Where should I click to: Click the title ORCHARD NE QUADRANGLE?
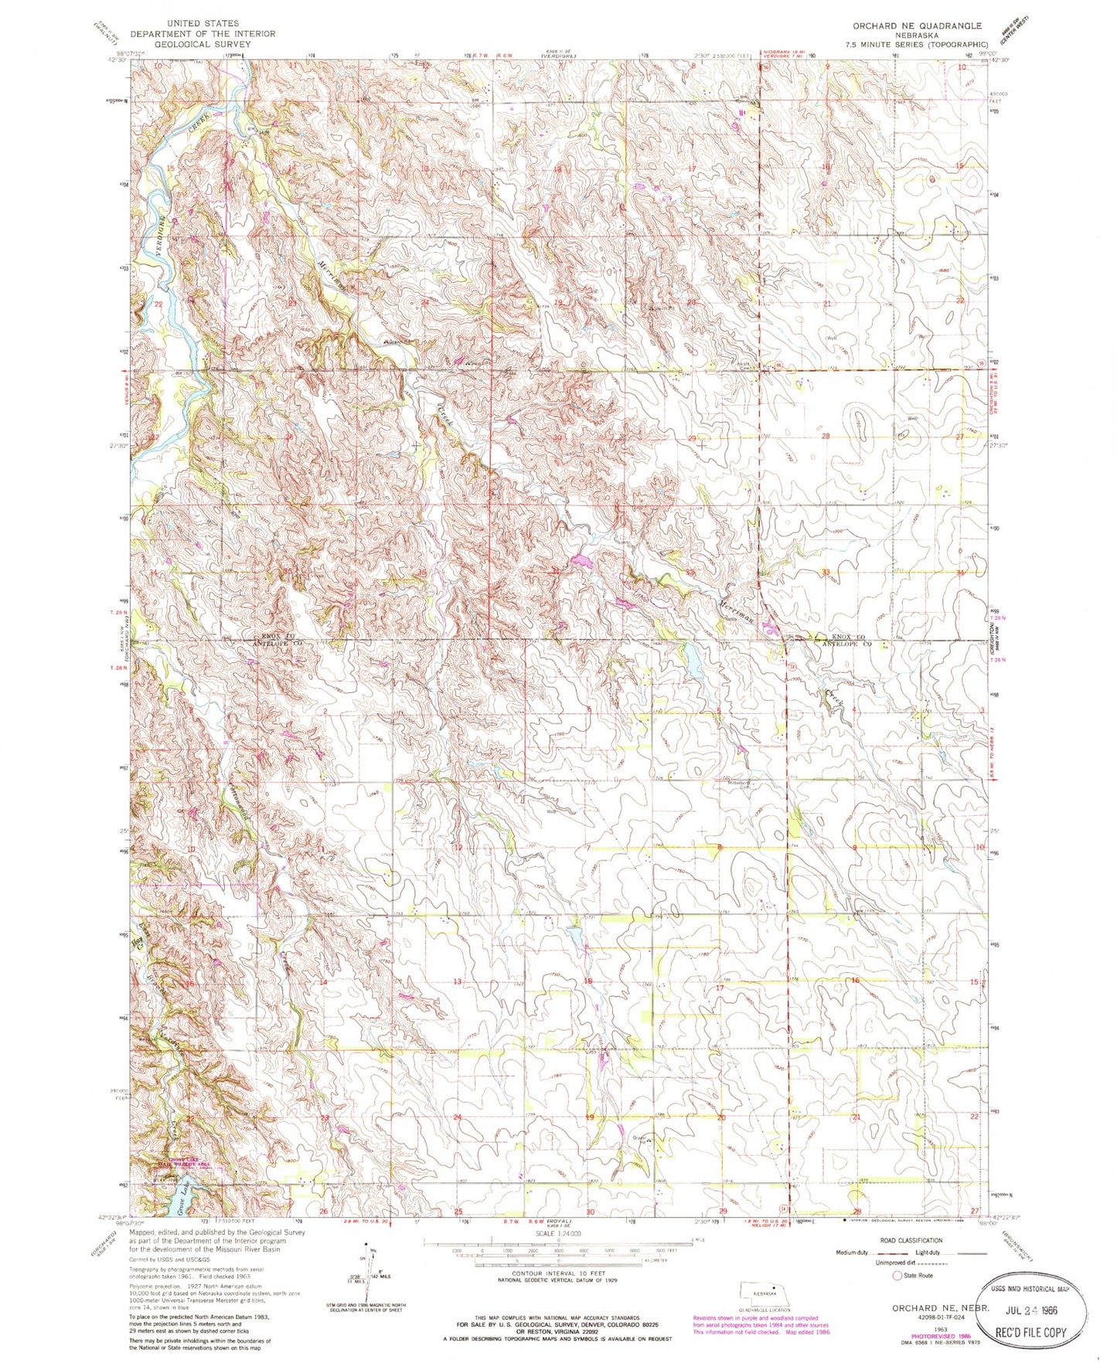click(x=917, y=25)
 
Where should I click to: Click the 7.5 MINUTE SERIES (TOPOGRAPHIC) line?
click(x=918, y=46)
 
